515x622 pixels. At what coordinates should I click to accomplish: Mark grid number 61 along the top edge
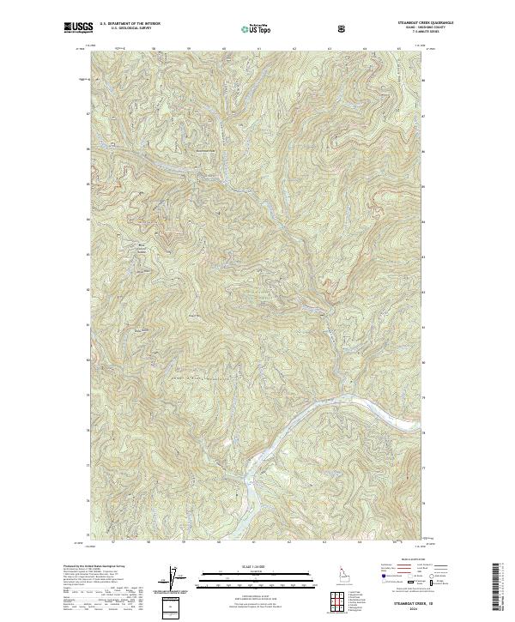click(258, 49)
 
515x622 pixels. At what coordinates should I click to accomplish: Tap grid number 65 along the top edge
click(400, 49)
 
